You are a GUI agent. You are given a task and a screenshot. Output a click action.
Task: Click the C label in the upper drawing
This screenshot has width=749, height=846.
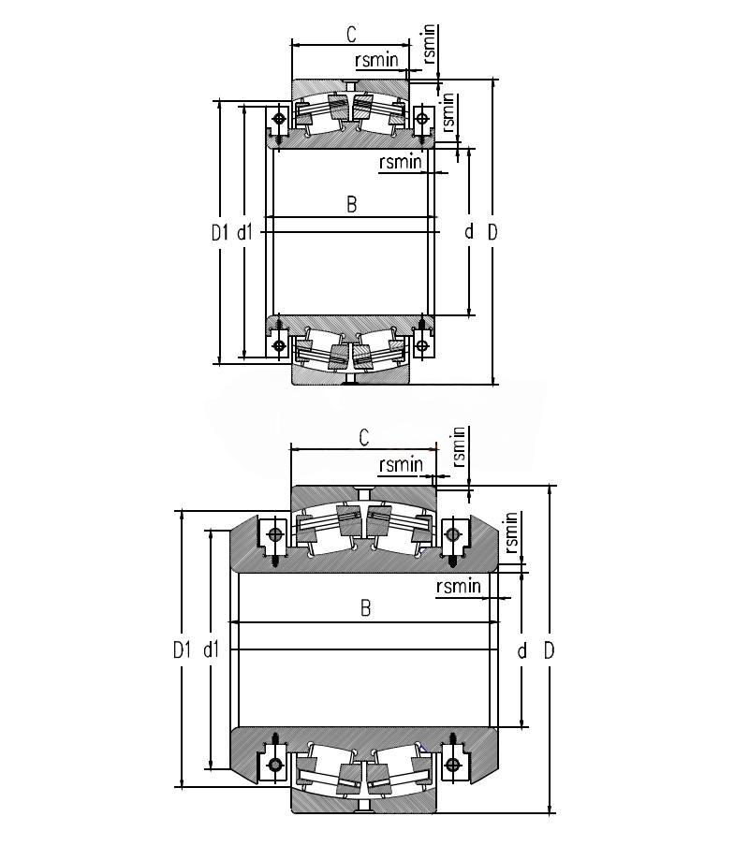point(351,34)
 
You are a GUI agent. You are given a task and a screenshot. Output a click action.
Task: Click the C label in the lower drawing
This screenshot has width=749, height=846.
point(364,437)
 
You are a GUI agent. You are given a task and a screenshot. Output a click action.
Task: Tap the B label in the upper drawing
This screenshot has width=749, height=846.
point(351,205)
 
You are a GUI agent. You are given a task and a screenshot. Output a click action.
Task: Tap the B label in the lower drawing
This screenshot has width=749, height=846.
point(365,608)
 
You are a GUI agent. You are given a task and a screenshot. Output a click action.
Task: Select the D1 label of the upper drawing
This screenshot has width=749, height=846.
point(220,232)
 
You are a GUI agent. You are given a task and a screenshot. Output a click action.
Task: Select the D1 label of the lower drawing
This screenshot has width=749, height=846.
point(183,650)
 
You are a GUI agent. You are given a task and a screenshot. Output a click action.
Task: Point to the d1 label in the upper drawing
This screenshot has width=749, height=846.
point(245,232)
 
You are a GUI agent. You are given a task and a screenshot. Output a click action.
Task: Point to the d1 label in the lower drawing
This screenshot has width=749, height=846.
point(211,649)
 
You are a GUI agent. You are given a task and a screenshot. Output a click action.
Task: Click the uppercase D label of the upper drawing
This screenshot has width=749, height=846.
point(492,232)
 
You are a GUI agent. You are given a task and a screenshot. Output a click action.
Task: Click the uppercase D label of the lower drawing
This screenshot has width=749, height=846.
point(549,650)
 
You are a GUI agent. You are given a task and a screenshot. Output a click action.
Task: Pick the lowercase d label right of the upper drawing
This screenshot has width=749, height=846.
point(469,231)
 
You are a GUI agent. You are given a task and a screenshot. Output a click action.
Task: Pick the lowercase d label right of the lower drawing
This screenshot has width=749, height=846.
point(521,650)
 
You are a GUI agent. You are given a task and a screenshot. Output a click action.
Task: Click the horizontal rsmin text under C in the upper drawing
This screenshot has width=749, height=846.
point(376,59)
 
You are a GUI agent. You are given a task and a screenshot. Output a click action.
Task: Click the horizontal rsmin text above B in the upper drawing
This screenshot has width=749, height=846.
point(401,161)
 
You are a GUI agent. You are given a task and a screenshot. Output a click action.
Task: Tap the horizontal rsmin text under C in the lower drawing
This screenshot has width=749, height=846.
point(402,464)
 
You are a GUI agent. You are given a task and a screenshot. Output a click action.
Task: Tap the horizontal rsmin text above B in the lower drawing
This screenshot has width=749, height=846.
point(459,586)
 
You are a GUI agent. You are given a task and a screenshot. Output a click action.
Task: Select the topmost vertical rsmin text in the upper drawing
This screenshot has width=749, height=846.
point(429,44)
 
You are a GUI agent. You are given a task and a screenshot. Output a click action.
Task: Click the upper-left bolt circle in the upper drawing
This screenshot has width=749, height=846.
point(280,118)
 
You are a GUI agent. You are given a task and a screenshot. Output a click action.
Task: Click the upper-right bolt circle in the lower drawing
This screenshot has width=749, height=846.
point(453,534)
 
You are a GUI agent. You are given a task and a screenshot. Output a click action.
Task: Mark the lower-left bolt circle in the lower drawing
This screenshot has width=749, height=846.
point(275,765)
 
